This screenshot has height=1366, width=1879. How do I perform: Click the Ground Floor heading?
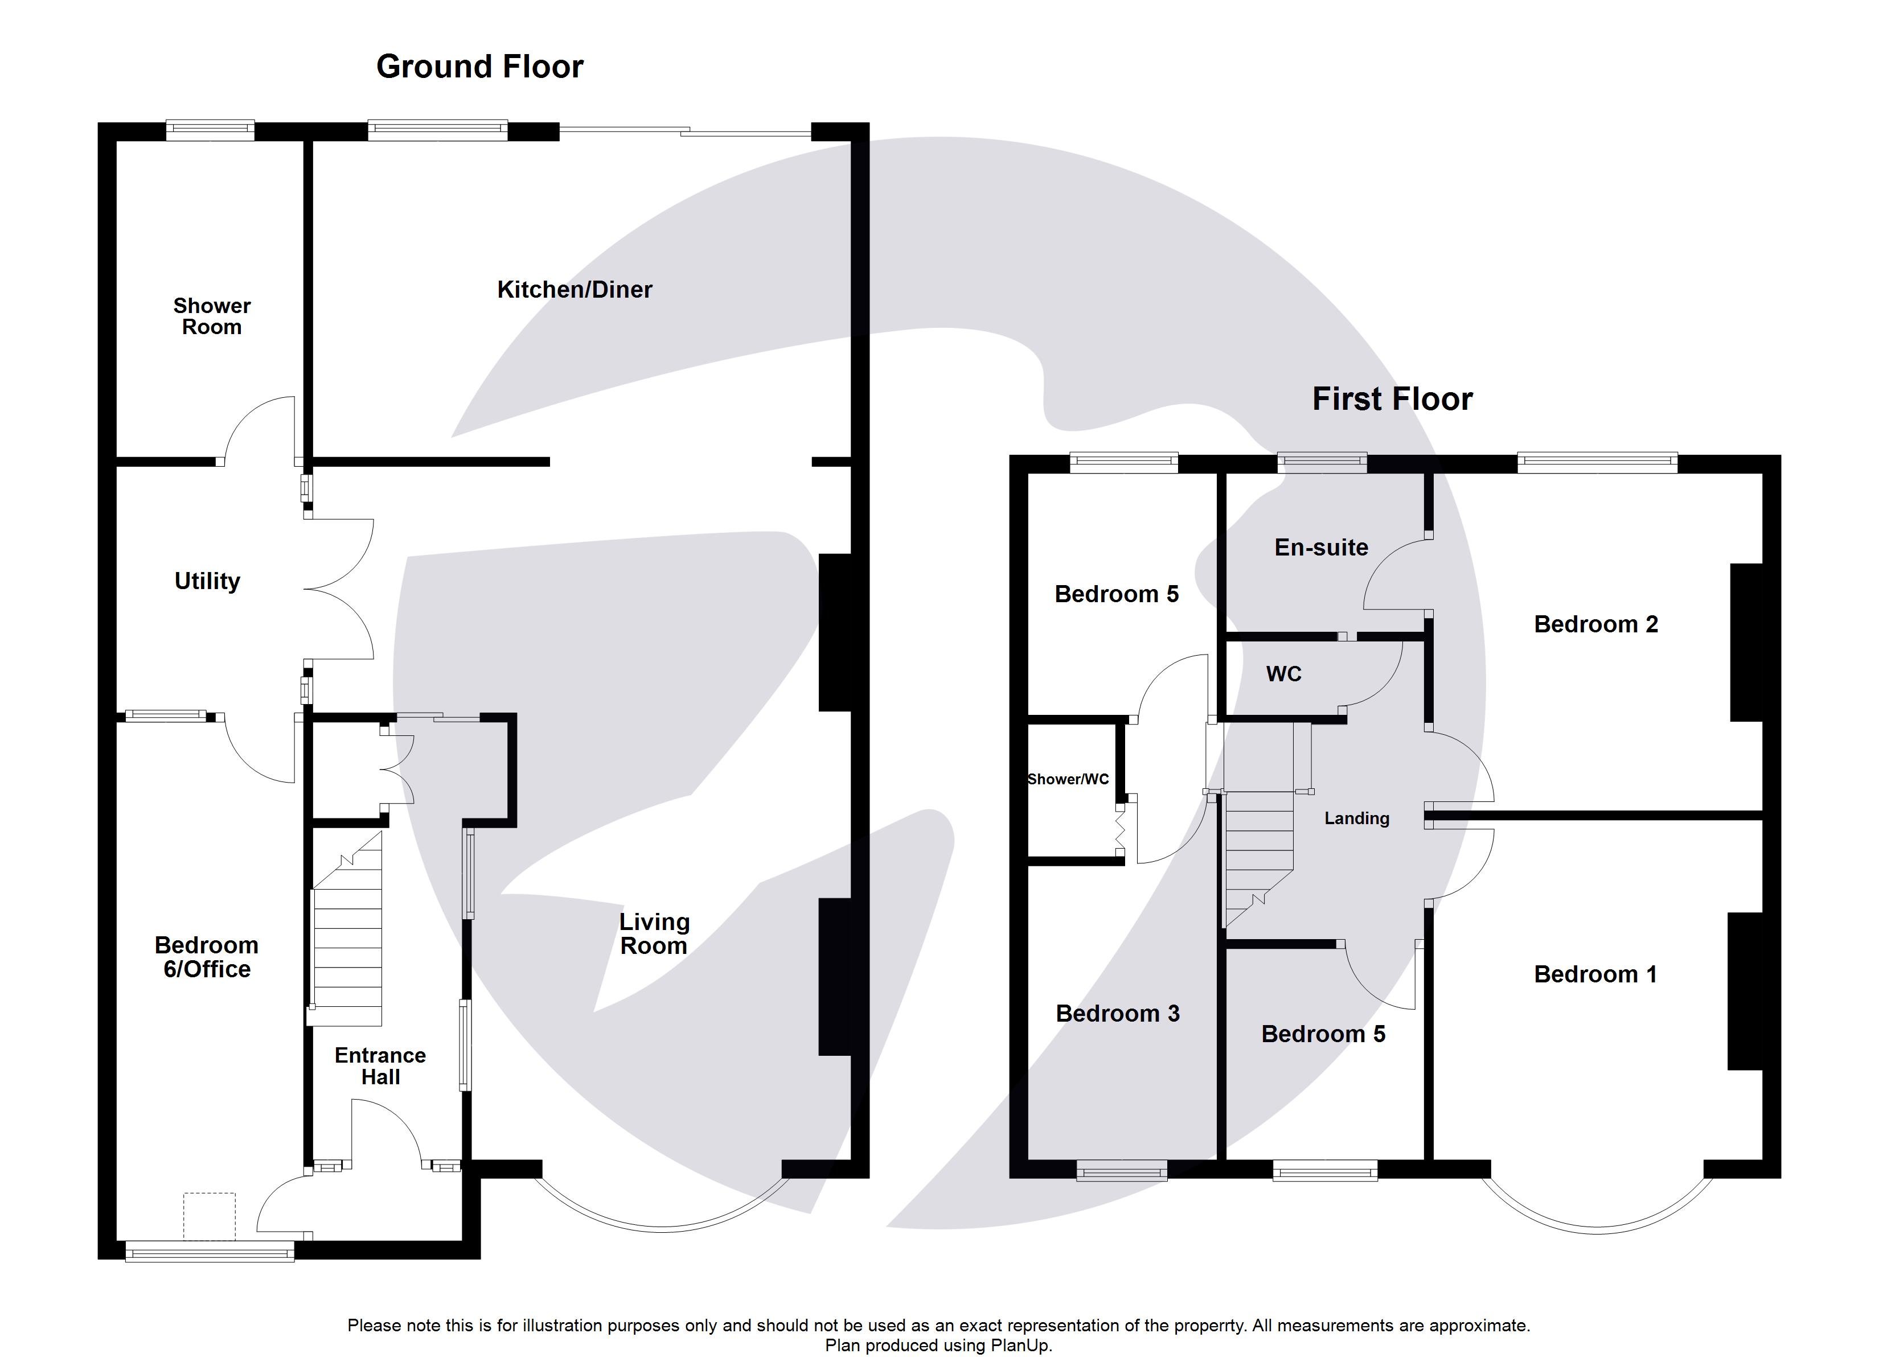[x=479, y=66]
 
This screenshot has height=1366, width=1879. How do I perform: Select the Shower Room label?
[x=211, y=316]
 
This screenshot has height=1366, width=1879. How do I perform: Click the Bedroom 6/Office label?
[x=206, y=957]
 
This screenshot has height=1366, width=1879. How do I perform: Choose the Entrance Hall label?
[x=380, y=1066]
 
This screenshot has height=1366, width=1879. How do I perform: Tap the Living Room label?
[x=654, y=933]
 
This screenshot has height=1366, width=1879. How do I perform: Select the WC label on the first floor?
[x=1283, y=673]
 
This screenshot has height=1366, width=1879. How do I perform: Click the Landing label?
[x=1356, y=818]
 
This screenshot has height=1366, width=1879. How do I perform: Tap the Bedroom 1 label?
[x=1595, y=974]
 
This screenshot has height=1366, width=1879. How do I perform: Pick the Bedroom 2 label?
[x=1595, y=624]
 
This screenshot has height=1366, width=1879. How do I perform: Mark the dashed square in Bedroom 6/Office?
[x=209, y=1215]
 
